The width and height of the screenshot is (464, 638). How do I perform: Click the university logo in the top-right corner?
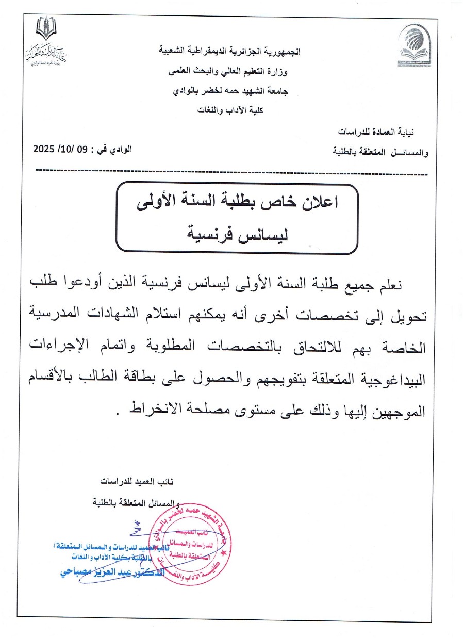[x=416, y=47]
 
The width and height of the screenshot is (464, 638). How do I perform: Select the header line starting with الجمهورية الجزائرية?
[x=230, y=52]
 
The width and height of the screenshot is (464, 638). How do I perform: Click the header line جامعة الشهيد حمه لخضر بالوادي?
[x=230, y=91]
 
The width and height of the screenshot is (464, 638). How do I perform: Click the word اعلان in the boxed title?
[x=319, y=203]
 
